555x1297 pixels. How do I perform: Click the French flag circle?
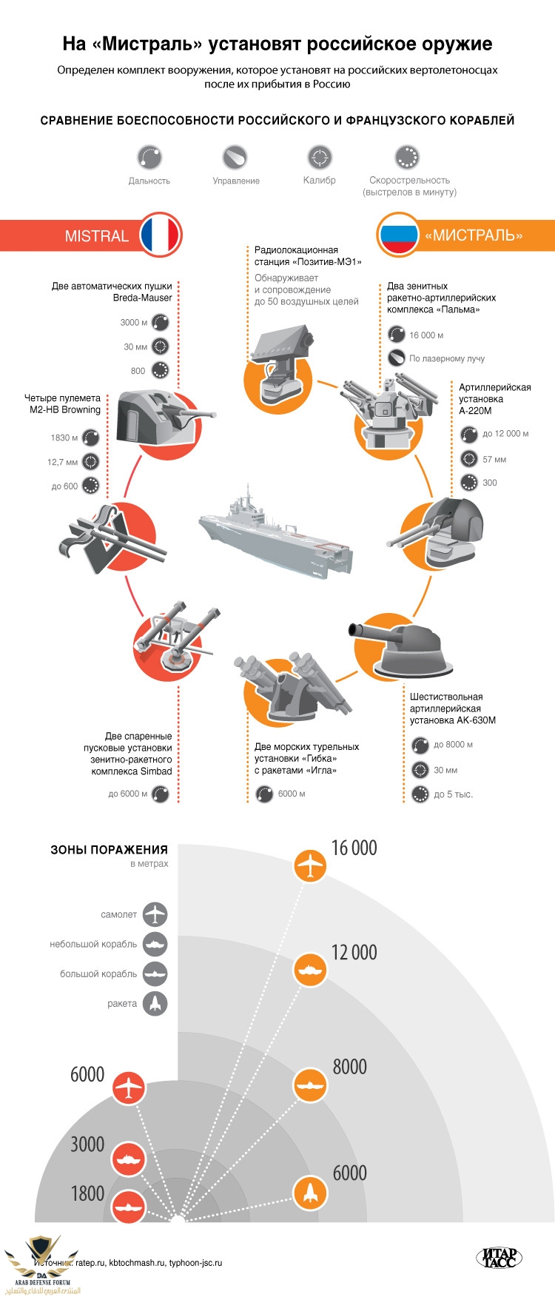160,235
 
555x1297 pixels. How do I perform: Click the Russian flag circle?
398,235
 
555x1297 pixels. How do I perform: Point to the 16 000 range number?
354,848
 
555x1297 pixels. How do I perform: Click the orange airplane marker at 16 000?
310,865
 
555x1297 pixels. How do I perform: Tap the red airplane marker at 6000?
129,1087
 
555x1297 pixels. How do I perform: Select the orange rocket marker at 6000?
310,1192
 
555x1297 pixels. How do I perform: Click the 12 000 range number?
354,952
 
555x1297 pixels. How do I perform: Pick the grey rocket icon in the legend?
155,1003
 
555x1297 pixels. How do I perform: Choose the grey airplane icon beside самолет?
155,914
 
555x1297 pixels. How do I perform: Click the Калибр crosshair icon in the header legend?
320,158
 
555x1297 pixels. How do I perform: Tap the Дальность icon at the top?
149,158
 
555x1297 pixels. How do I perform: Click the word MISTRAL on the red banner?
97,236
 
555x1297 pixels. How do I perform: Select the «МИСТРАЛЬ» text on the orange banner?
474,236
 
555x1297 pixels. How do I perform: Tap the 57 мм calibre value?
494,459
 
